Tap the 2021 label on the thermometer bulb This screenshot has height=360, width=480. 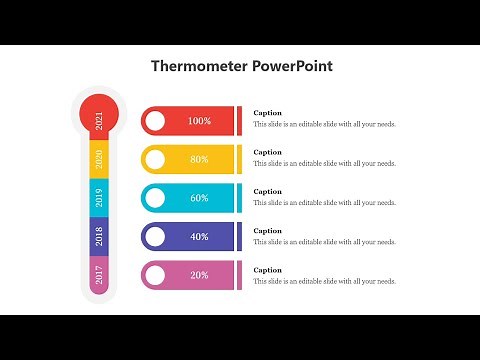coord(99,121)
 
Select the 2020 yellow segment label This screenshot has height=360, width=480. coord(99,158)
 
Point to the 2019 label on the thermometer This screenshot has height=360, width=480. coord(99,197)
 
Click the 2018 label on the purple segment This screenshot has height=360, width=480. coord(99,236)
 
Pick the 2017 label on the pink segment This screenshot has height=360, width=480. coord(99,274)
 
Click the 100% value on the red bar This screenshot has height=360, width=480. coord(199,121)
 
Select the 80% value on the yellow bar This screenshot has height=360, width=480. coord(199,159)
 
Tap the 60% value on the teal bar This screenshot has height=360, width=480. coord(199,198)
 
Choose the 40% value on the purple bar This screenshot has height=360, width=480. coord(199,237)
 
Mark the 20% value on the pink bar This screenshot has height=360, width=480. coord(199,275)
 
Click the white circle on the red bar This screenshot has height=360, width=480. coord(155,121)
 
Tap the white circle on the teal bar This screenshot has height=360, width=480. coord(155,198)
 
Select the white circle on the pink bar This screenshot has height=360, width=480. coord(155,275)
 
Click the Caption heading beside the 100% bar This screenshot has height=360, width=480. coord(267,113)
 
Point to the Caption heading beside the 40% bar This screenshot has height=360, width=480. coord(267,231)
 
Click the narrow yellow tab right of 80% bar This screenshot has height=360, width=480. coord(239,159)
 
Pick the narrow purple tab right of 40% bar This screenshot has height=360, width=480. coord(239,237)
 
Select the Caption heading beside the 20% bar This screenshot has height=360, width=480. coord(267,270)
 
